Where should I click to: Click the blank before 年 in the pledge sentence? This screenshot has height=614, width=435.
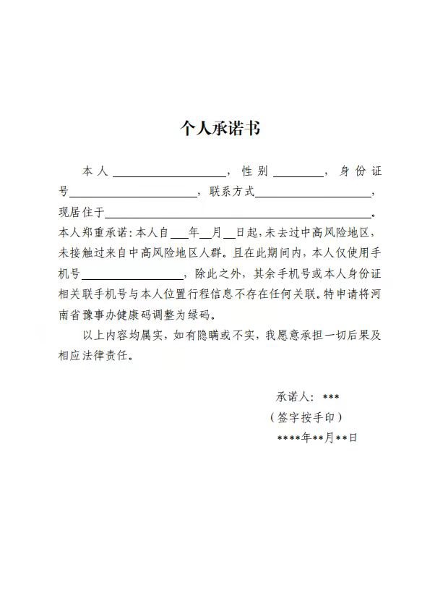(178, 234)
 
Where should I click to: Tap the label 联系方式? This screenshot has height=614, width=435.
(231, 192)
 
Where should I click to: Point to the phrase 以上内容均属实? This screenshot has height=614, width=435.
(124, 336)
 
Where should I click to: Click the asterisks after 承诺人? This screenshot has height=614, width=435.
(331, 397)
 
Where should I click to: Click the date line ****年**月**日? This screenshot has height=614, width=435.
(317, 438)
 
